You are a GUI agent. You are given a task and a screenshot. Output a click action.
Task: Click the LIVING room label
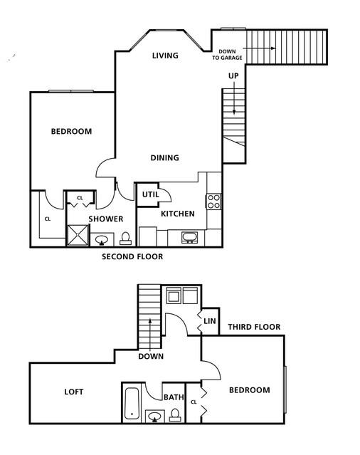[x=165, y=56]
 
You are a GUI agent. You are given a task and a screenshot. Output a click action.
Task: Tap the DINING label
[x=164, y=158]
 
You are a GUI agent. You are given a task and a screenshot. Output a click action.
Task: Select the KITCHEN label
[x=178, y=214]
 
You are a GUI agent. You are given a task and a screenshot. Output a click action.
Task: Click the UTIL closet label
[x=150, y=194]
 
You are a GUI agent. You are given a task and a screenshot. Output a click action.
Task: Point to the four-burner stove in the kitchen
[x=213, y=202]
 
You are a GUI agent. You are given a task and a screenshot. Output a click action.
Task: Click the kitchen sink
[x=189, y=237]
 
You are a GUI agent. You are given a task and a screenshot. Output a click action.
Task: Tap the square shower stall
[x=78, y=236]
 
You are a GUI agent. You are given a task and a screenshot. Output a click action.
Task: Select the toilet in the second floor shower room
[x=126, y=239]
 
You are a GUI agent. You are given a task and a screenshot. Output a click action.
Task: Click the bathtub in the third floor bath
[x=132, y=403]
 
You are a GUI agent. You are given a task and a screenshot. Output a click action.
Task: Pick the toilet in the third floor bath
[x=175, y=415]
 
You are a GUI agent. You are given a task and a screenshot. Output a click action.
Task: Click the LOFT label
[x=74, y=392]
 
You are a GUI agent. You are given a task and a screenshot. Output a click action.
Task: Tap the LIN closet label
[x=210, y=321]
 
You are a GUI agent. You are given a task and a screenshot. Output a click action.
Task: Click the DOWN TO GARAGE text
[x=227, y=55]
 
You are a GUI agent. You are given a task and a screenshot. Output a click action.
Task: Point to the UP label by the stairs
[x=233, y=75]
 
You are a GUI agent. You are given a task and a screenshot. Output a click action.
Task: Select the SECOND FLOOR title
[x=132, y=256]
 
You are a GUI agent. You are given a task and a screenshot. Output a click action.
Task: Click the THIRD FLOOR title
[x=254, y=327]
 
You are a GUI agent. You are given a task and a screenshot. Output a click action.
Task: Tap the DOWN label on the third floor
[x=151, y=356]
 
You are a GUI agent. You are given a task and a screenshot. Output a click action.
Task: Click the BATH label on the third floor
[x=174, y=397]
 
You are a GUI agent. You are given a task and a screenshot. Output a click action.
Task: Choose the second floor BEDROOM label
[x=71, y=132]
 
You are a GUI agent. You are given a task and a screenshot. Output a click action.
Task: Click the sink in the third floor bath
[x=155, y=417]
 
